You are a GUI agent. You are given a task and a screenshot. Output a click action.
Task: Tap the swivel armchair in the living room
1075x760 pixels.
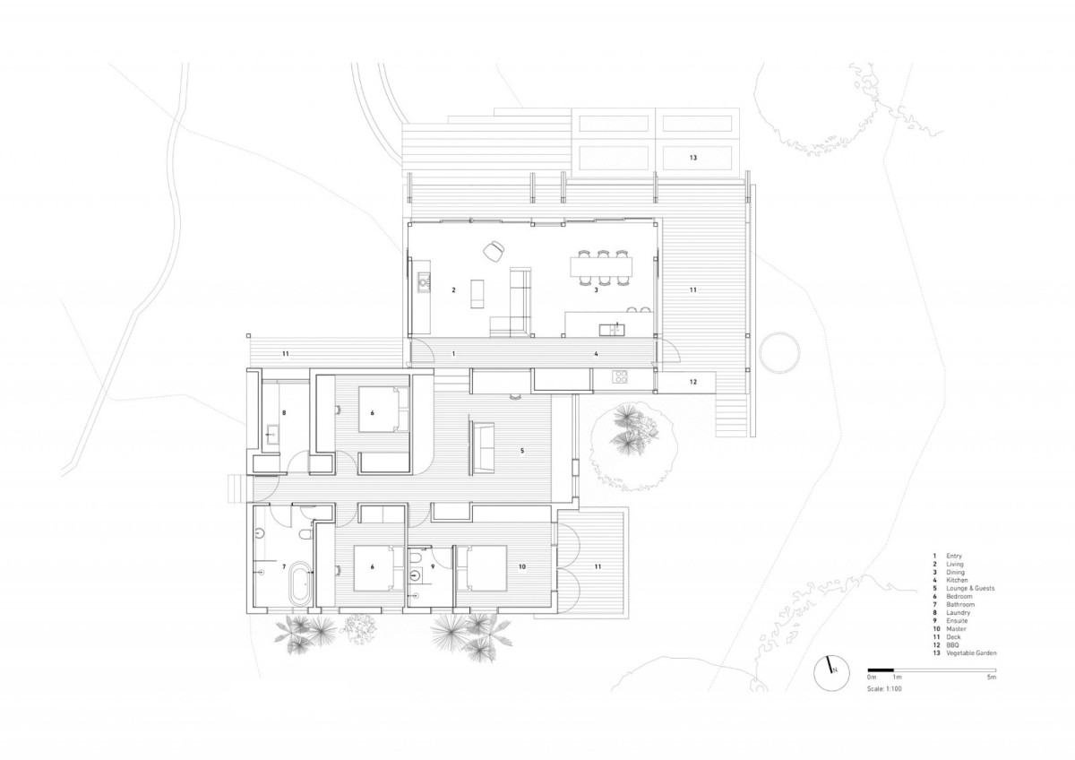coord(493,252)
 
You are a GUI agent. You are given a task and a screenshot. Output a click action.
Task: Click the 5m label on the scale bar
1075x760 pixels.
coord(991,678)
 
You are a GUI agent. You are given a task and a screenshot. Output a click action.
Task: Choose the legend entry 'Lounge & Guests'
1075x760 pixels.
coord(970,588)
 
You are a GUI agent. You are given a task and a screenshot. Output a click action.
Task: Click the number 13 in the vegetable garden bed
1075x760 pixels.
coord(692,158)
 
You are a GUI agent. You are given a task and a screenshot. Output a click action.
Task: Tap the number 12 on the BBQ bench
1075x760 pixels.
coord(692,382)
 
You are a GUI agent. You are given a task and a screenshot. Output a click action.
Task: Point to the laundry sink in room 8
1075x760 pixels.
coord(272,438)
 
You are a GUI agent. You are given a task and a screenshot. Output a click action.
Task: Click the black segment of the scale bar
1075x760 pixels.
coord(881,669)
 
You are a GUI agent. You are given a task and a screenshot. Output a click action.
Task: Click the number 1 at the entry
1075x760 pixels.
coord(453,354)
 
